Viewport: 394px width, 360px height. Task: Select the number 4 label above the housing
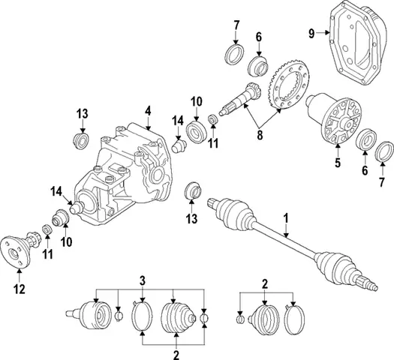point(148,111)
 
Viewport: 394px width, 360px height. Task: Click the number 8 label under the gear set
point(260,136)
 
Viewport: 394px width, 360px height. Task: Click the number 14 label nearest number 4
point(178,120)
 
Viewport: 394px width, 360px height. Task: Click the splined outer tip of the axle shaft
point(368,283)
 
